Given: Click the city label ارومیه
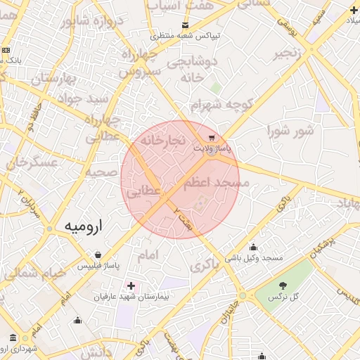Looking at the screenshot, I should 83,226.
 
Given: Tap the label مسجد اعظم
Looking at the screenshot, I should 216,183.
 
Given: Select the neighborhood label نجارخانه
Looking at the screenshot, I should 163,141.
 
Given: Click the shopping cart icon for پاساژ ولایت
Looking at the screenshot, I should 212,137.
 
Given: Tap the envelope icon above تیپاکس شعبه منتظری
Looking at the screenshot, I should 185,24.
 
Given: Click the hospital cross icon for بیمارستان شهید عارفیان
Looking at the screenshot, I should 131,285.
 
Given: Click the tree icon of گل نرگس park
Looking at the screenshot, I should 283,285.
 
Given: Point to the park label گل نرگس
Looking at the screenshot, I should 283,297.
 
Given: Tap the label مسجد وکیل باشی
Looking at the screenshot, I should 253,258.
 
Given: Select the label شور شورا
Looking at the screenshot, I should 289,130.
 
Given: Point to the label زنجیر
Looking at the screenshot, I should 290,53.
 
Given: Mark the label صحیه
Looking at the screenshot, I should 101,172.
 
